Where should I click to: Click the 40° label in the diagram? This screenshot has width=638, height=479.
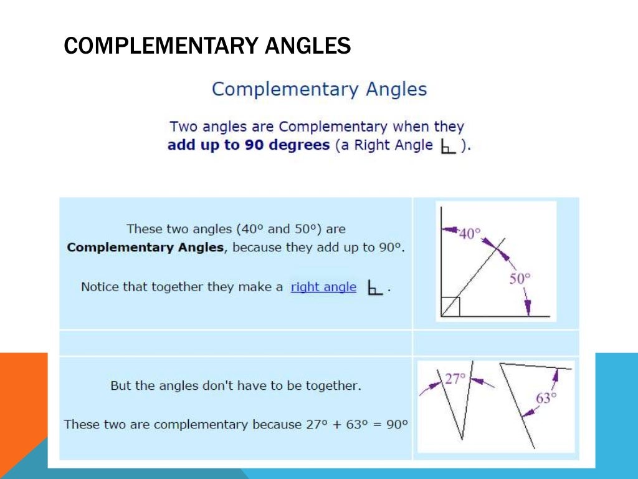470,234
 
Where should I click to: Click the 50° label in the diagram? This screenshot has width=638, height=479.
520,279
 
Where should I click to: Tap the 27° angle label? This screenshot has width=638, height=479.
455,379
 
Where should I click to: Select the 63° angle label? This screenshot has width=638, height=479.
546,397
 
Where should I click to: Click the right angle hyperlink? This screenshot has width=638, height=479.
323,287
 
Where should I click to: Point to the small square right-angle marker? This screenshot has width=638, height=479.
450,307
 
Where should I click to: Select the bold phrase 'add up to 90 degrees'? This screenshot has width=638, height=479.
248,145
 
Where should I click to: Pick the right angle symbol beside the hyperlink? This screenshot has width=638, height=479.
374,288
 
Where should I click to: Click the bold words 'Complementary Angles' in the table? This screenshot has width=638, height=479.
145,247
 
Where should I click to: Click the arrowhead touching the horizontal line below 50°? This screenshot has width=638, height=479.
528,310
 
